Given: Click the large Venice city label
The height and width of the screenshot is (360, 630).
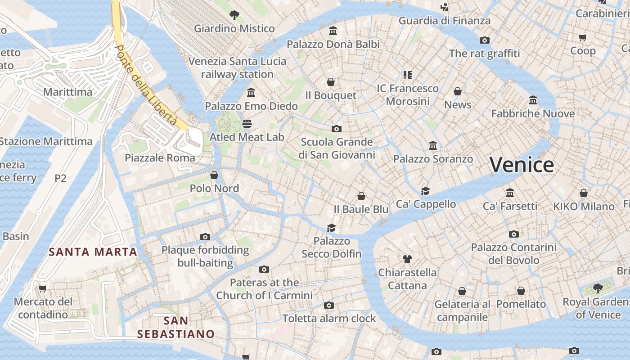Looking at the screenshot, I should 522,165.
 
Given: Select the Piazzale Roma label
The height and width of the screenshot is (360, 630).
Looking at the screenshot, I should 160,158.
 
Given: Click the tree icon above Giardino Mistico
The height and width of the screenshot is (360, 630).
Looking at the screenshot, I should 234,15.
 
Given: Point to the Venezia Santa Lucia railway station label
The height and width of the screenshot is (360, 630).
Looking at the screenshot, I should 237,67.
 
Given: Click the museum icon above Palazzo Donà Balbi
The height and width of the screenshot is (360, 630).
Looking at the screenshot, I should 333,31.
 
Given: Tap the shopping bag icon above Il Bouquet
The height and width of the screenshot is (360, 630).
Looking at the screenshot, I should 331,82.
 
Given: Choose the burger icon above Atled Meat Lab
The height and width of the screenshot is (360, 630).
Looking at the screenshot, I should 247,123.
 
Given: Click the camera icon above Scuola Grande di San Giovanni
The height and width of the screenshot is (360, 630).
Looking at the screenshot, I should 336,129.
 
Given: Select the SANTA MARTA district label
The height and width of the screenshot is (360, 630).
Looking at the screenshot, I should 93,252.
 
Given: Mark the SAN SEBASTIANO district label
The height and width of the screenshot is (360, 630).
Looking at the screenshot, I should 175,327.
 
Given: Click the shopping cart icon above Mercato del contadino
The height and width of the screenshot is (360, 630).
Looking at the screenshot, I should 42,288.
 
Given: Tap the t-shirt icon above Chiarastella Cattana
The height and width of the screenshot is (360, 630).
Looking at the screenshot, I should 407,259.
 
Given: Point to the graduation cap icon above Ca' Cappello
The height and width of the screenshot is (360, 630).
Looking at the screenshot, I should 425,191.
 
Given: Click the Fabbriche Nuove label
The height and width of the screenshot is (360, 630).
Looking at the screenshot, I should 533,113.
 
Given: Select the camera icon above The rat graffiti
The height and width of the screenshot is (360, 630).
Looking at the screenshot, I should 484,40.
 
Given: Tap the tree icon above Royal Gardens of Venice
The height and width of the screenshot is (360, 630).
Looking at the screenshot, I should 598,288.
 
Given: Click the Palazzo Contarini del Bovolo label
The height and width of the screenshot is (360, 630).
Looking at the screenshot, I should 513,254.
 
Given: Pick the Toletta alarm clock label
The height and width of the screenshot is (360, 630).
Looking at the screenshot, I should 329,319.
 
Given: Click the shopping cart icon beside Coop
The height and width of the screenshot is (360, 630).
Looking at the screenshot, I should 582,38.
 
